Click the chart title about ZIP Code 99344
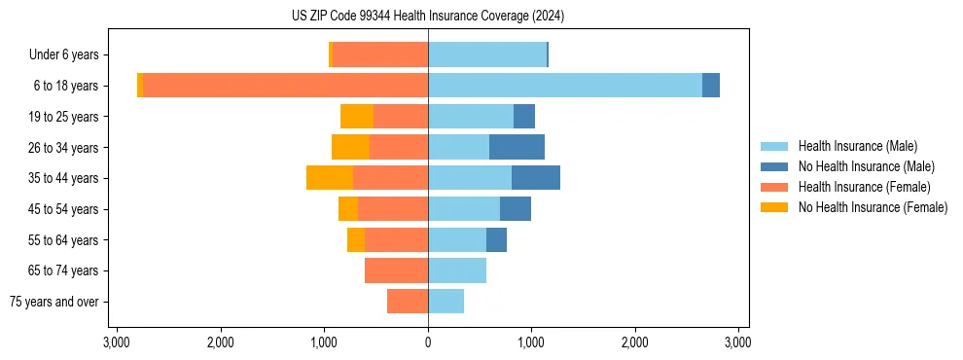(x=427, y=17)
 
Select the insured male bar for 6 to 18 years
(x=564, y=86)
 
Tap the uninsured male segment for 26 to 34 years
(x=517, y=147)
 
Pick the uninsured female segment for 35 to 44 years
(x=329, y=178)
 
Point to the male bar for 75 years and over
(x=446, y=302)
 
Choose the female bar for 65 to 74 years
(x=396, y=270)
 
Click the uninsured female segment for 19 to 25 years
(x=356, y=117)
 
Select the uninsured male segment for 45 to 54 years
(x=516, y=209)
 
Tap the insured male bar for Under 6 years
(x=486, y=54)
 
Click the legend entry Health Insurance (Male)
(x=857, y=146)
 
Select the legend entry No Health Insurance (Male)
(x=866, y=166)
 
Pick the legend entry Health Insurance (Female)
(x=864, y=187)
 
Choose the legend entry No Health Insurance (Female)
(x=873, y=207)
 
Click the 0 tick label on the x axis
(x=428, y=342)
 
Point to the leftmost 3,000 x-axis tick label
(x=117, y=342)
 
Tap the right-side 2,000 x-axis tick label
(x=635, y=342)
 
